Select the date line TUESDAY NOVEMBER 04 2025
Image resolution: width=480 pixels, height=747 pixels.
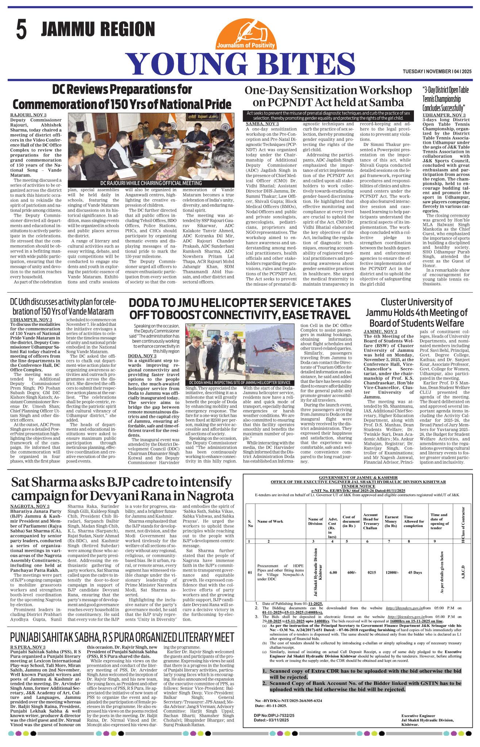(x=437, y=72)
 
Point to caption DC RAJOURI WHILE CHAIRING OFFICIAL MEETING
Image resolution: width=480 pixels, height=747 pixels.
(x=151, y=183)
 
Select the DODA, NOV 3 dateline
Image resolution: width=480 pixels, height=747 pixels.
(x=142, y=356)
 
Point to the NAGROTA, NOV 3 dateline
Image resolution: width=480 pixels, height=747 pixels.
(x=30, y=506)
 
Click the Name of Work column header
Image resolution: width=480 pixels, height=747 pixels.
(x=269, y=521)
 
